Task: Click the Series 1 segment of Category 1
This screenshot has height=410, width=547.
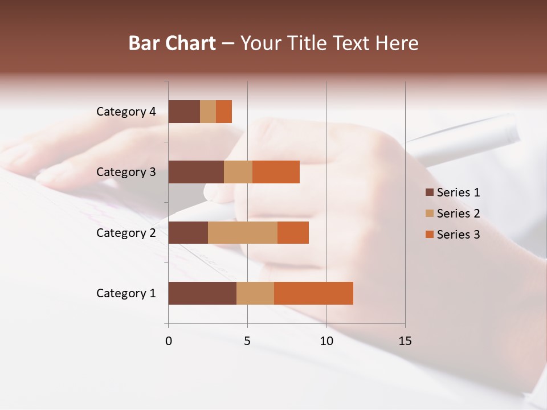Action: tap(202, 293)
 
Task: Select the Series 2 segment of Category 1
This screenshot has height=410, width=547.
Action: tap(255, 293)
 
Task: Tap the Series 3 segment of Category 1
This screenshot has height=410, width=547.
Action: tap(313, 293)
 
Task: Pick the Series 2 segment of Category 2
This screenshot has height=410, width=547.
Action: tap(243, 232)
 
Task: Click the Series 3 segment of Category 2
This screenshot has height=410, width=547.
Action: tap(293, 232)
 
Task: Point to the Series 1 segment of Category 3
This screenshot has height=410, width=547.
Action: tap(196, 172)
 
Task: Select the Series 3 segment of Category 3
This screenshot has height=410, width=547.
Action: tap(276, 172)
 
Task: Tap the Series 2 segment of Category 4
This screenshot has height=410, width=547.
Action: tap(208, 112)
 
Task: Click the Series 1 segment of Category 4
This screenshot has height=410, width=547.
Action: tap(184, 112)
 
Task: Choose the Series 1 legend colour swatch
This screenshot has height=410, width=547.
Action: tap(429, 192)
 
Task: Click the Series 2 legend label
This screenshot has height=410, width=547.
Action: tap(458, 214)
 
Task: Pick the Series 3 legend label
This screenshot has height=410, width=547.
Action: tap(458, 235)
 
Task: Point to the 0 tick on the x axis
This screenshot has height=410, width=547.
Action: tap(169, 341)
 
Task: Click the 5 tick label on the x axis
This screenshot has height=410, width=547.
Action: tap(247, 341)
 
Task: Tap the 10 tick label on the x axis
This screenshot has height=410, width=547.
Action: tap(326, 341)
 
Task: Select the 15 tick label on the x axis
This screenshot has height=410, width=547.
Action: tap(405, 341)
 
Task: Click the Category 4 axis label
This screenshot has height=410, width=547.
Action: tap(126, 112)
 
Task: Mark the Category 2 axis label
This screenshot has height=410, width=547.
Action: tap(126, 232)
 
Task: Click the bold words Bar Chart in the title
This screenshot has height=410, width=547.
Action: tap(172, 43)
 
